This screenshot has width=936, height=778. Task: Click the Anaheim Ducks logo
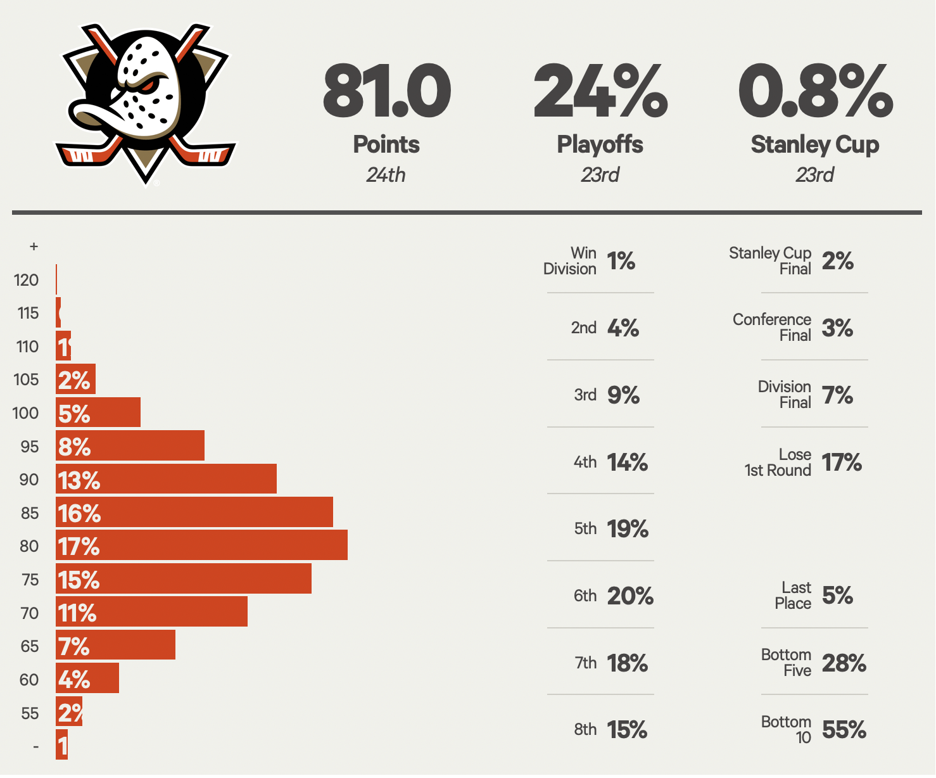coord(146,105)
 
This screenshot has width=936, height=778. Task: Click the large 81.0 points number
coord(386,92)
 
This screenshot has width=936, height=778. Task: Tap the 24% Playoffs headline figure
coord(600,92)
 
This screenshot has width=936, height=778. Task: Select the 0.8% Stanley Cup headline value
coord(815,92)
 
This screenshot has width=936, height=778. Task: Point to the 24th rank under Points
coord(386,175)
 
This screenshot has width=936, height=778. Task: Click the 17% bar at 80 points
coord(201,545)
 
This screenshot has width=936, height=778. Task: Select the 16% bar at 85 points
coord(194,513)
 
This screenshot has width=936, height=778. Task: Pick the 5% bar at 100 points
coord(98,413)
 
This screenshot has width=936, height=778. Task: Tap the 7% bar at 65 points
coord(115,646)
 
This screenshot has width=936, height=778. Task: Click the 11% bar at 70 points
coord(151,613)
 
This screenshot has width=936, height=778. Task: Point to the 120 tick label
coord(26,280)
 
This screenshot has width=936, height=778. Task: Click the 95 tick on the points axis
coord(29,447)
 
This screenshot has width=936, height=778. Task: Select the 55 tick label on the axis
coord(30,713)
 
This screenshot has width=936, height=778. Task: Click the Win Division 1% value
coord(621,261)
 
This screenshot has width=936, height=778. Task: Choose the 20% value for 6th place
coord(630,596)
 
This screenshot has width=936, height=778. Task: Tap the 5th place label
coord(585,528)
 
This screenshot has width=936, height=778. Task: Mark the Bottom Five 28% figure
coord(844,663)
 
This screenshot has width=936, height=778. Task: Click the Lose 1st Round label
coord(778,462)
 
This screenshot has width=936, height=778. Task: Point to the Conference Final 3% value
coord(837,328)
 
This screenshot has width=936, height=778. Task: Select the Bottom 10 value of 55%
coord(844,730)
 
